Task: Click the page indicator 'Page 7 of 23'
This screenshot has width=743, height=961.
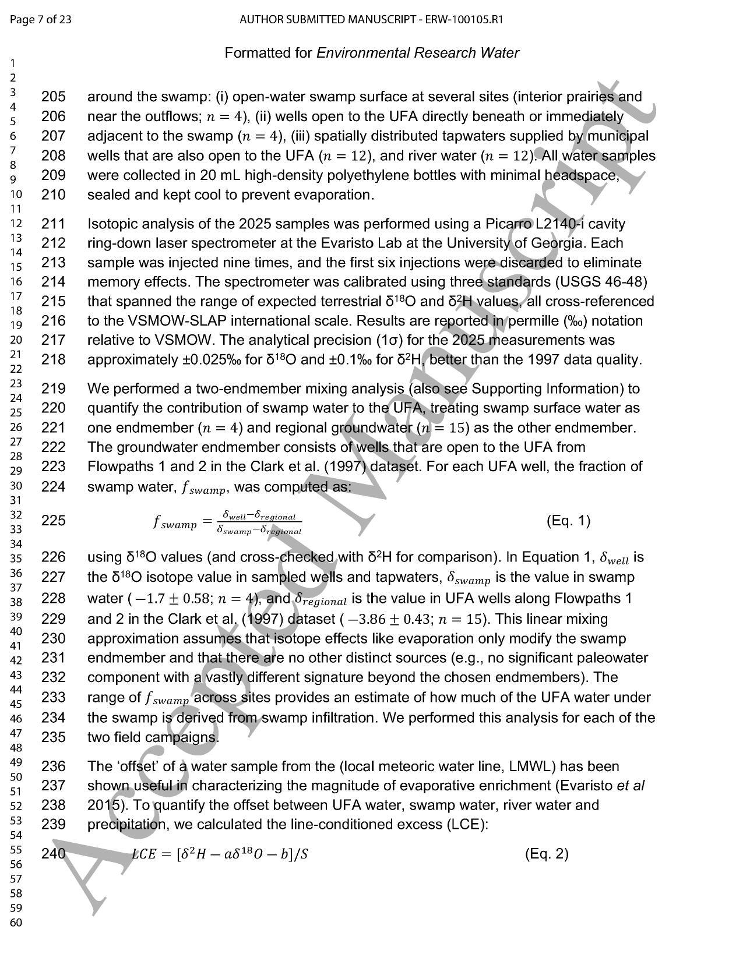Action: click(41, 20)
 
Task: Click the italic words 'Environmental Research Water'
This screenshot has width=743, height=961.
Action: click(417, 53)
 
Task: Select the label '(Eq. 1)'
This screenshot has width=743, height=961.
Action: click(568, 520)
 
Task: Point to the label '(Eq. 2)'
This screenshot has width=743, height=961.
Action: click(547, 854)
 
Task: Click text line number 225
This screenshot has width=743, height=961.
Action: click(53, 520)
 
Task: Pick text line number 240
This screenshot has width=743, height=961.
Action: click(53, 854)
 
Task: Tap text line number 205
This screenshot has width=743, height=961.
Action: click(53, 97)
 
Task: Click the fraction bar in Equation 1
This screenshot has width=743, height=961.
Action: click(259, 523)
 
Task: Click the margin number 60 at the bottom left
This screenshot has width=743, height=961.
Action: click(16, 923)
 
